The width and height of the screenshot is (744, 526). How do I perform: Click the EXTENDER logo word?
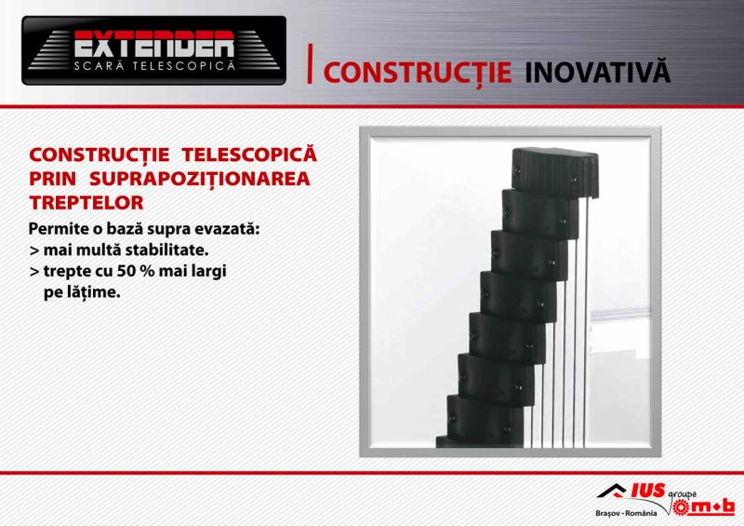[154, 45]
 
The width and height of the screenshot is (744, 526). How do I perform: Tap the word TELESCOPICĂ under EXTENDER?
[184, 65]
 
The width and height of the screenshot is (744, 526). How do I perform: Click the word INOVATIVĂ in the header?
[598, 72]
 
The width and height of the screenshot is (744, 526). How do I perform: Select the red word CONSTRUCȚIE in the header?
[418, 74]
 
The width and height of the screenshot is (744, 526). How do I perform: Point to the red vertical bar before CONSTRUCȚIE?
[310, 63]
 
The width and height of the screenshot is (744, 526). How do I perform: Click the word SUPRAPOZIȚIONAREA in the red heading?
[200, 179]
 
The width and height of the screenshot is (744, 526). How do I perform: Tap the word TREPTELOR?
[86, 203]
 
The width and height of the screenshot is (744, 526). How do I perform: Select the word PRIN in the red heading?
[53, 179]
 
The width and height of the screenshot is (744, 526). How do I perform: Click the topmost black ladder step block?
[555, 173]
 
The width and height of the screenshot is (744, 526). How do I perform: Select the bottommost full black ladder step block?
[484, 417]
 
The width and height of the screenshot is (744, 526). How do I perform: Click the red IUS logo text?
[648, 491]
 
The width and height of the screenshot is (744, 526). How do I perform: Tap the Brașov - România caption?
[626, 513]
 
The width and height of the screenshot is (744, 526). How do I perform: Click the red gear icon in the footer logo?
[682, 507]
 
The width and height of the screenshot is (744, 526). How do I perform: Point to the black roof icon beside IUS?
[612, 491]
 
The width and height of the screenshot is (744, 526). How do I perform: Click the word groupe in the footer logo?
[683, 494]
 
